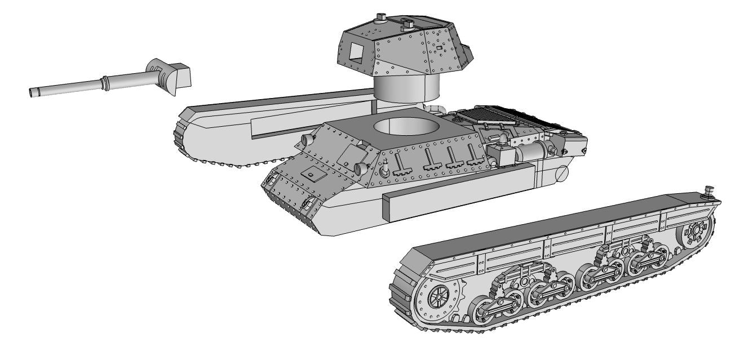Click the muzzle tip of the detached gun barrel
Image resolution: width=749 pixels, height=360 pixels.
tap(32, 92)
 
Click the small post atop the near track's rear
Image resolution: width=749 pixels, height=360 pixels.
tap(709, 192)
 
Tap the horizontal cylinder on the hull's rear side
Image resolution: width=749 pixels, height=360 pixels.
tap(532, 151)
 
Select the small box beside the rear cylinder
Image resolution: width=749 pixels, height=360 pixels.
tap(504, 155)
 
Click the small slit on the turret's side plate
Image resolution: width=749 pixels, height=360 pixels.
tap(438, 50)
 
